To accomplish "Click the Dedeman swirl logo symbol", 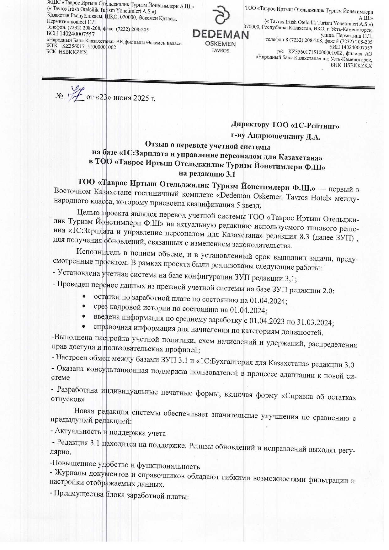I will (220, 18).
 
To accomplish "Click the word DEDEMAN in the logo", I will (220, 34).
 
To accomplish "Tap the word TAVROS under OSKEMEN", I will (220, 50).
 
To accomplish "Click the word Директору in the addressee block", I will (250, 124).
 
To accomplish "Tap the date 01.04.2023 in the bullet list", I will (267, 321).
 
